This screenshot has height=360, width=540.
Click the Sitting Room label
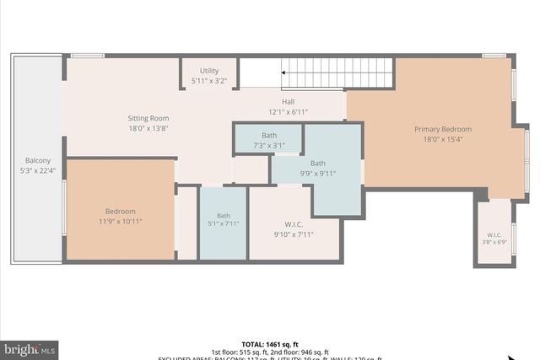pos(148,118)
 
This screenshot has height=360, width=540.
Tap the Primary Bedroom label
pos(442,129)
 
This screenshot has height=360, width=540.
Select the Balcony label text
pos(37,161)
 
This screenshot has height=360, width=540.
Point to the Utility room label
pos(209,71)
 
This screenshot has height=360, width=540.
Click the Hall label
pos(289,101)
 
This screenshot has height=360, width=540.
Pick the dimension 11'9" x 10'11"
pos(120,222)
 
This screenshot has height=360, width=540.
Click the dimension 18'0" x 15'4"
pos(442,139)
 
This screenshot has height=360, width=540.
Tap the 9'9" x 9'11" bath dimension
pos(317,174)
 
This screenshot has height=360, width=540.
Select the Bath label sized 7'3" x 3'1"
pos(269,135)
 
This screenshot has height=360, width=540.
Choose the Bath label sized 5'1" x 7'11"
pos(223,215)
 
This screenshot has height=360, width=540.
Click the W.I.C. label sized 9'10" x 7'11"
pos(294,224)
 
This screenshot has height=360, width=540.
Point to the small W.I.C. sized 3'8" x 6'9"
pos(494,234)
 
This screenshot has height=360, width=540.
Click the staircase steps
pos(337,73)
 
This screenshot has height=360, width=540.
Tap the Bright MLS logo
pos(30,348)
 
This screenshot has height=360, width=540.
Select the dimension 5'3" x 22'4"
pos(37,171)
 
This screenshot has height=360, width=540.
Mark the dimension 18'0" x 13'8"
pos(148,128)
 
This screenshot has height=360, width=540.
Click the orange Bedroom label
pos(120,212)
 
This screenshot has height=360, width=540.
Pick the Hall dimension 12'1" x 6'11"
pos(289,111)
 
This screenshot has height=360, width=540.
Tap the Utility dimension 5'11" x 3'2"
pos(209,81)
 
